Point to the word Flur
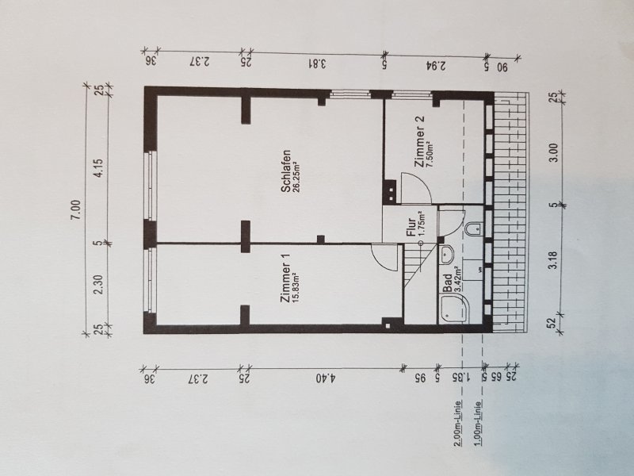tap(411, 227)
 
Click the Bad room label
tap(448, 283)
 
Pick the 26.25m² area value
tap(296, 172)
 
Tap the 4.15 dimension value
tap(98, 168)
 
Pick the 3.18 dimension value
tap(552, 260)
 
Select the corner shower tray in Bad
tap(453, 309)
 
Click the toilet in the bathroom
tap(474, 228)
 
